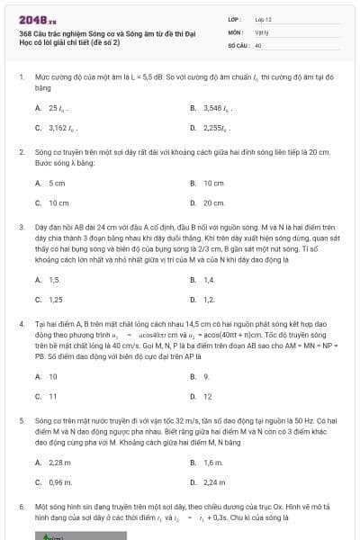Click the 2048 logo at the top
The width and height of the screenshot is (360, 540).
point(35,18)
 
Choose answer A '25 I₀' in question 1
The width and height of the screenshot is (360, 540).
point(52,108)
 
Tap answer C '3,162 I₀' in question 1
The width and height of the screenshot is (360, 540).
point(57,129)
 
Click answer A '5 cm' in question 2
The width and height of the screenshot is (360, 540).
point(51,183)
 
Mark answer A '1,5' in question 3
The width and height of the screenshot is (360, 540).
point(49,279)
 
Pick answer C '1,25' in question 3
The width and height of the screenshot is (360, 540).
point(50,300)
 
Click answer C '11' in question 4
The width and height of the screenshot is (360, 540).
point(49,396)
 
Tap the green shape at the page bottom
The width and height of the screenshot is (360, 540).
point(54,535)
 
